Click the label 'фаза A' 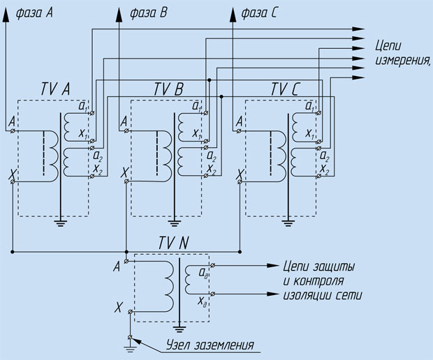point(34,13)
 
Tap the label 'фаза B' point(149,13)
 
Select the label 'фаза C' point(259,13)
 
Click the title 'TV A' point(55,89)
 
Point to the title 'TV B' point(168,89)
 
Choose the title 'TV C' point(284,89)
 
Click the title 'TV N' point(174,243)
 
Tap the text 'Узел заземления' point(210,345)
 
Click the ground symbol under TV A point(61,222)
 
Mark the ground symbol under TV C point(288,222)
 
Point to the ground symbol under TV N point(179,328)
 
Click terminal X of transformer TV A point(13,182)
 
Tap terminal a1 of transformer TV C point(319,113)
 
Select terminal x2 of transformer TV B point(206,175)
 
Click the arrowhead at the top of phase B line point(119,15)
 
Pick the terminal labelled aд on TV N point(212,265)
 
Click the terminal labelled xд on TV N point(212,294)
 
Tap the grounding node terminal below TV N point(130,338)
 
